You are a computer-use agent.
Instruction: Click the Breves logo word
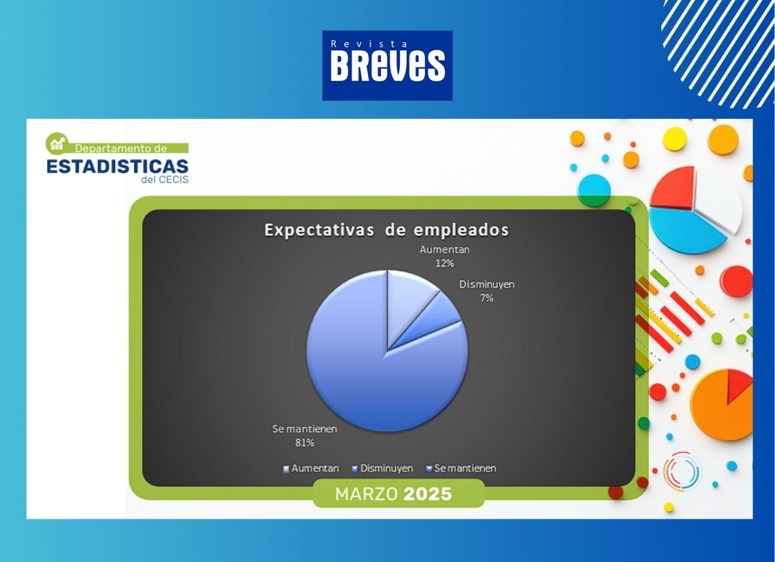pyautogui.click(x=387, y=66)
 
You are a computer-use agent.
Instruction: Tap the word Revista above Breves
pyautogui.click(x=369, y=44)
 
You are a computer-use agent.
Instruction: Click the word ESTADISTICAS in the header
pyautogui.click(x=118, y=167)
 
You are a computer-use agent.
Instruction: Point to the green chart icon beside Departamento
pyautogui.click(x=57, y=143)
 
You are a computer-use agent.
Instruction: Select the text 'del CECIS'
pyautogui.click(x=165, y=180)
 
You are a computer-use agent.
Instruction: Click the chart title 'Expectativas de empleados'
pyautogui.click(x=386, y=230)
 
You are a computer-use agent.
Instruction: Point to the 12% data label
pyautogui.click(x=444, y=264)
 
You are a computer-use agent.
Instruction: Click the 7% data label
pyautogui.click(x=486, y=298)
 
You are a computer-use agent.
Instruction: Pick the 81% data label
pyautogui.click(x=304, y=442)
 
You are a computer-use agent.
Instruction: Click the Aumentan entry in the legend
pyautogui.click(x=311, y=468)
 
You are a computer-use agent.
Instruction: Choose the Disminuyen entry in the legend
pyautogui.click(x=382, y=468)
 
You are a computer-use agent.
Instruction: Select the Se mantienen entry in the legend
pyautogui.click(x=461, y=468)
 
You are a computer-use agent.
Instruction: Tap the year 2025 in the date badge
pyautogui.click(x=428, y=494)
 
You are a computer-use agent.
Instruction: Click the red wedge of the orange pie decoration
pyautogui.click(x=738, y=384)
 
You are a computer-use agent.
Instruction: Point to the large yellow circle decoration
pyautogui.click(x=675, y=139)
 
